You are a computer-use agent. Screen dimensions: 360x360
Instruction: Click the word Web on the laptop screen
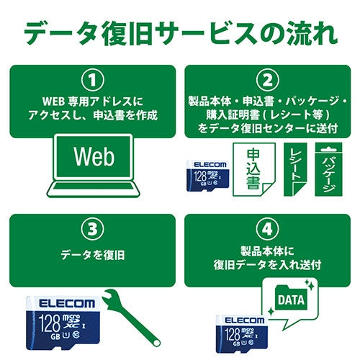pyautogui.click(x=94, y=156)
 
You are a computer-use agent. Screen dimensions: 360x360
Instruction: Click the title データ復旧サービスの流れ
pyautogui.click(x=180, y=33)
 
